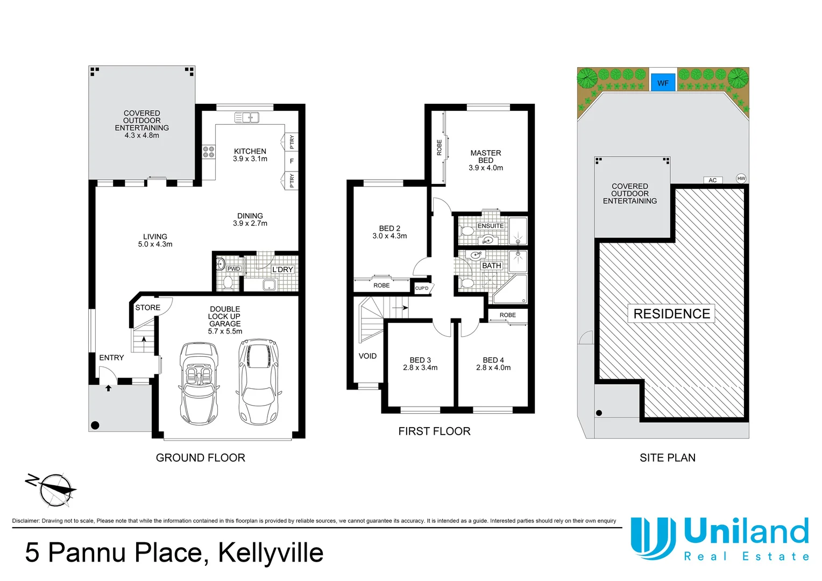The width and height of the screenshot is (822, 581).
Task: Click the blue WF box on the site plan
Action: pyautogui.click(x=663, y=83)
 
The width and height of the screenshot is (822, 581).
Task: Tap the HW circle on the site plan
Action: pyautogui.click(x=741, y=178)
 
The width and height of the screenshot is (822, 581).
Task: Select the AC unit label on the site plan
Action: pyautogui.click(x=712, y=180)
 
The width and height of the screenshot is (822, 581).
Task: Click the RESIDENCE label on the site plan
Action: pyautogui.click(x=671, y=314)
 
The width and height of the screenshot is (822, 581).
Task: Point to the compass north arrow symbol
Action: pyautogui.click(x=52, y=488)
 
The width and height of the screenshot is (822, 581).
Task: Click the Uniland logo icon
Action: pyautogui.click(x=653, y=537)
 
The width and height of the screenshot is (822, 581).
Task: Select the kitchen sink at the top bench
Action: pyautogui.click(x=247, y=117)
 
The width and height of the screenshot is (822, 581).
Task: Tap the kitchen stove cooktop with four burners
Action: pyautogui.click(x=209, y=152)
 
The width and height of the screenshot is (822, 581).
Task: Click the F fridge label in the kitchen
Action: pyautogui.click(x=292, y=161)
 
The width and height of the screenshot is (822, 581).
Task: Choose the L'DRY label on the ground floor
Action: pyautogui.click(x=282, y=270)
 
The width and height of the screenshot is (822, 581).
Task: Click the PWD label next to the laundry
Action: pyautogui.click(x=233, y=268)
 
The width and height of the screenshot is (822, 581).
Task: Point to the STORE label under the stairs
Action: pyautogui.click(x=147, y=308)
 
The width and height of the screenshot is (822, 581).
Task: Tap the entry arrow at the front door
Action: pyautogui.click(x=108, y=387)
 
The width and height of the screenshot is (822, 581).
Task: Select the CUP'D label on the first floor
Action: pyautogui.click(x=422, y=288)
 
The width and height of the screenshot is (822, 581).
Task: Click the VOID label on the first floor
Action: pyautogui.click(x=367, y=356)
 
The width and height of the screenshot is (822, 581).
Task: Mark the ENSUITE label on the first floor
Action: pyautogui.click(x=491, y=226)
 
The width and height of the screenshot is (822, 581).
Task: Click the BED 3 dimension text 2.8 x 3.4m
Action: pyautogui.click(x=420, y=368)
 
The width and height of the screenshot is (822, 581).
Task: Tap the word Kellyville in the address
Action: pyautogui.click(x=271, y=553)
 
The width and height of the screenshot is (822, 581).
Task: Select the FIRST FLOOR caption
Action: pyautogui.click(x=434, y=431)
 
